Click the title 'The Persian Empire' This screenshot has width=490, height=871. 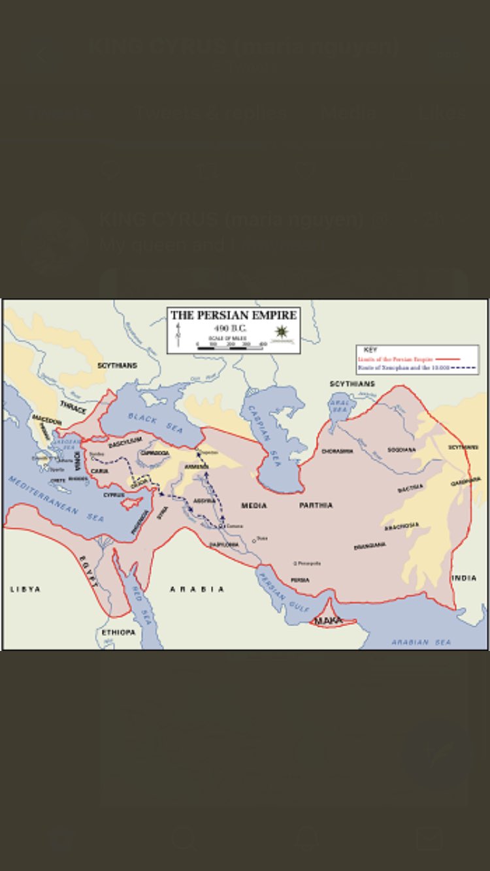[233, 315]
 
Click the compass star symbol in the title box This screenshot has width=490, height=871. [282, 332]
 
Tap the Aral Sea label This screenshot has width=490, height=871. [340, 405]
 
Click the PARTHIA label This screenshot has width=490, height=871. [316, 505]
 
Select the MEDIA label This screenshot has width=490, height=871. [254, 505]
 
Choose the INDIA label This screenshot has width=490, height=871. [464, 578]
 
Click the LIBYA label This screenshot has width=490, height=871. [25, 589]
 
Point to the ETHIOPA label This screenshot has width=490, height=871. [118, 633]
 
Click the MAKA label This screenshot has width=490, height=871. [329, 621]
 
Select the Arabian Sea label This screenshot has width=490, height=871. [421, 642]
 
